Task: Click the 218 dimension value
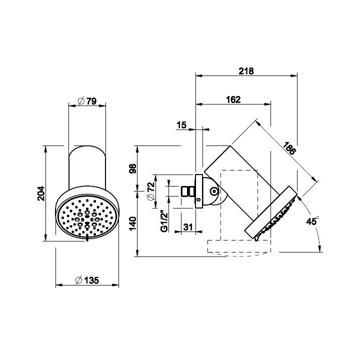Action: coord(246,71)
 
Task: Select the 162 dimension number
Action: coord(233,99)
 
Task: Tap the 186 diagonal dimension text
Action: coord(289,148)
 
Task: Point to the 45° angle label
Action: coord(312,221)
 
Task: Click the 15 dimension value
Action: coord(181,125)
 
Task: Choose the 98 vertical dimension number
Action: coord(133,169)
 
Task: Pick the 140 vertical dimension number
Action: coord(133,223)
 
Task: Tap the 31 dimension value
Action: coord(188,227)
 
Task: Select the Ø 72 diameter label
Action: coord(151,191)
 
